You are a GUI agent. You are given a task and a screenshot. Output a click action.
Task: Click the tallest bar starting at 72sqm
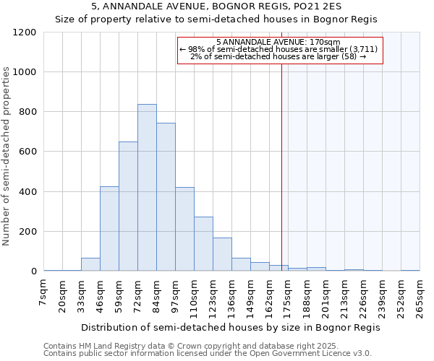[147, 188]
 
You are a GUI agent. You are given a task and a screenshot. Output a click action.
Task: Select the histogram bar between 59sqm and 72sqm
[128, 206]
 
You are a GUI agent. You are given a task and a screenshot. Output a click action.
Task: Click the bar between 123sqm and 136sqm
[222, 254]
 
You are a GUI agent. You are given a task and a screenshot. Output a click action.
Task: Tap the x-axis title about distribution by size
[230, 327]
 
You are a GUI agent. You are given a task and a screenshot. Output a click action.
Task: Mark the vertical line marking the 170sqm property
[281, 166]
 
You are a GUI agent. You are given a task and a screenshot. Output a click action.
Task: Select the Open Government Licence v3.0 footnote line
[207, 354]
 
